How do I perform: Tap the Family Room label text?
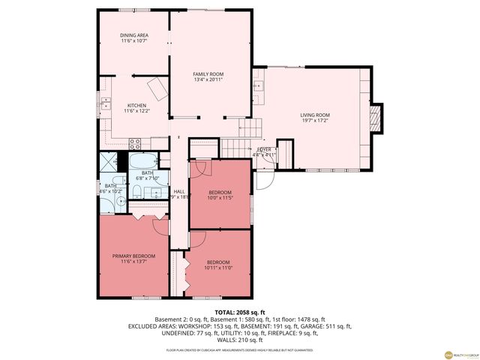point(208,74)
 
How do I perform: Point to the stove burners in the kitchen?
point(136,142)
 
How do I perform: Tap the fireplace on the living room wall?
point(376,117)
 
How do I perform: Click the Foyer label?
point(265,150)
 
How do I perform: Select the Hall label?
point(179,192)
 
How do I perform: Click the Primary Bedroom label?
point(133,256)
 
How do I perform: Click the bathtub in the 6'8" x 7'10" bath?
point(142,160)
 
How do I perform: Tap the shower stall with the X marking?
point(110,162)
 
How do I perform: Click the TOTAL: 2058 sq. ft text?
point(239,311)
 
